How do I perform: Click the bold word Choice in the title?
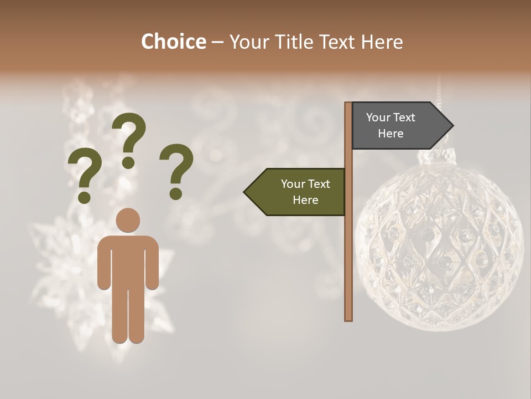click(x=173, y=42)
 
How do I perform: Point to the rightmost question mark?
click(x=176, y=171)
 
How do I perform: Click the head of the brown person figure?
click(x=128, y=220)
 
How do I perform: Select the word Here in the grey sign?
click(x=391, y=134)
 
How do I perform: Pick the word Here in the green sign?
click(x=305, y=200)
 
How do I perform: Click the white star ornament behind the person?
click(x=61, y=266)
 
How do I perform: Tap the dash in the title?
click(x=217, y=42)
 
